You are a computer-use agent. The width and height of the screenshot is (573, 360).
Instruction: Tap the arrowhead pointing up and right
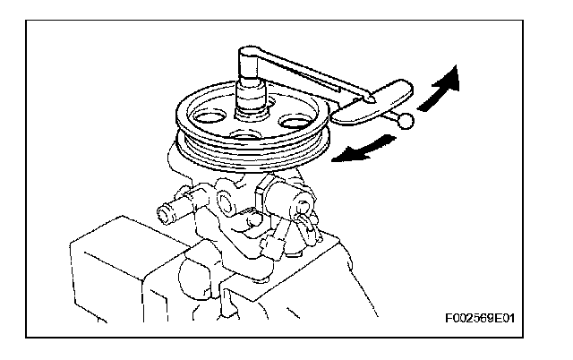coord(452,78)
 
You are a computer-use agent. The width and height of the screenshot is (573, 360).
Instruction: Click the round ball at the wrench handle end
coord(406,121)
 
